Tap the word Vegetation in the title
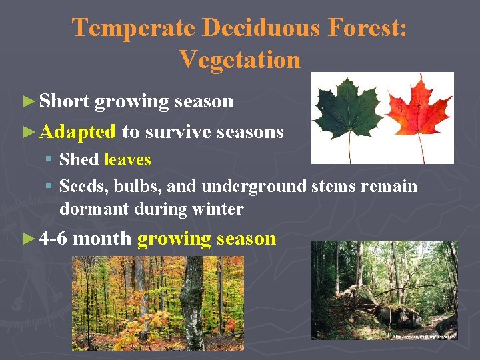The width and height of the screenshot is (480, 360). (240, 59)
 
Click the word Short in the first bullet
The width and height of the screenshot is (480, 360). (64, 101)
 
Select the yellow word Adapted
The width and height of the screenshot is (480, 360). (77, 131)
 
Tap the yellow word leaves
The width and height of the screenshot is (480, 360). (127, 160)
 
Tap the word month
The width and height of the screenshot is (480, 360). (102, 239)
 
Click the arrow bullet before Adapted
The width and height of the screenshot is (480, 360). (27, 132)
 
